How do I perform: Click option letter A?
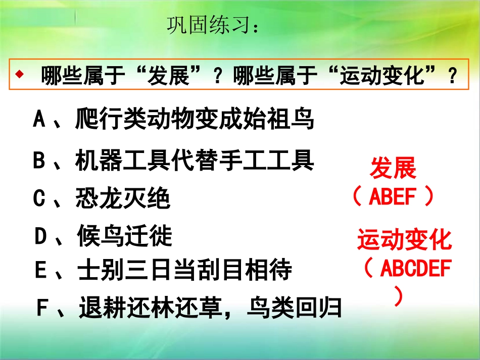[39, 120]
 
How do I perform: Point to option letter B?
[39, 161]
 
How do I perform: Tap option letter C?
[39, 199]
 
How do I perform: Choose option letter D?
[40, 236]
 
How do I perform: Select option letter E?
[40, 270]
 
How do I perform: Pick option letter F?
[42, 307]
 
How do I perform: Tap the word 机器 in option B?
[99, 161]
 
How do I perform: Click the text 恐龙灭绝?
[123, 199]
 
